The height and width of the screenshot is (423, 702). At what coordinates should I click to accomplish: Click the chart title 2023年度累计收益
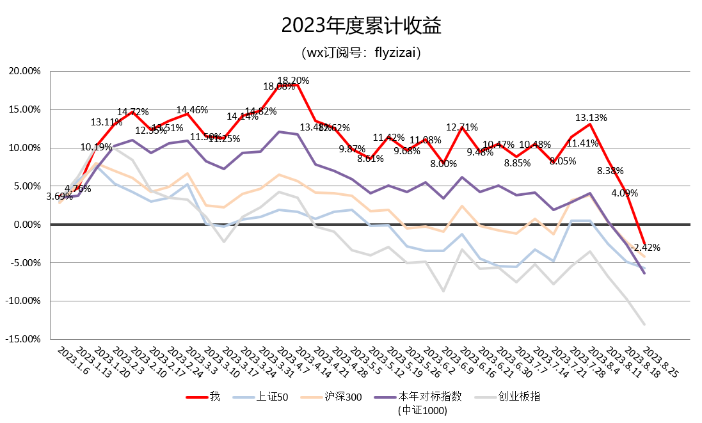(362, 26)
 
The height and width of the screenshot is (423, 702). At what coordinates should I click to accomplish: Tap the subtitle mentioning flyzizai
(362, 52)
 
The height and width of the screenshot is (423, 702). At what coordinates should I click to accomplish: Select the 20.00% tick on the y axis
(24, 71)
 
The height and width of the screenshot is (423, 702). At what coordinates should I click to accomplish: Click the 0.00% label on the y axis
(27, 225)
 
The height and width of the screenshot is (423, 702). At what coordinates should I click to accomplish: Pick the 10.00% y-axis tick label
(24, 148)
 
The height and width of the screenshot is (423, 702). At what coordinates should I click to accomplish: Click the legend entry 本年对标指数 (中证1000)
(422, 403)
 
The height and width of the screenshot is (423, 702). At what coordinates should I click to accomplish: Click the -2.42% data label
(645, 247)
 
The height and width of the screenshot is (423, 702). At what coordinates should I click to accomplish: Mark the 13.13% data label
(591, 118)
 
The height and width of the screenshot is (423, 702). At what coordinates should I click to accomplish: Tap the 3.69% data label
(60, 196)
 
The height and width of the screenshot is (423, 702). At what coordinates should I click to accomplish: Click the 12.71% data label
(462, 127)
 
